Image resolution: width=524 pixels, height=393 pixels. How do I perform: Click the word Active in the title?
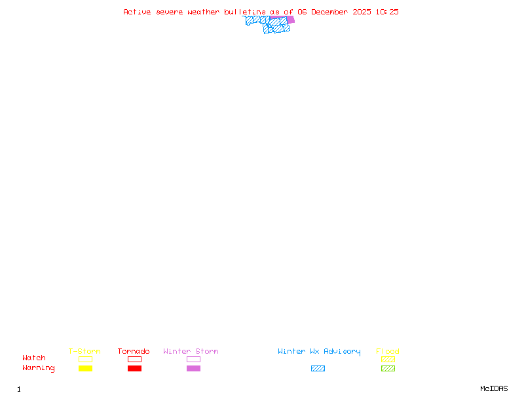coord(138,12)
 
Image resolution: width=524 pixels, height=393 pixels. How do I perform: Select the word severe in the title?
coord(170,12)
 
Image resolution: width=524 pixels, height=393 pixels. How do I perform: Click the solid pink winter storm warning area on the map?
coord(291,20)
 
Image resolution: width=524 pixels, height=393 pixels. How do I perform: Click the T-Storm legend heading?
coord(84,352)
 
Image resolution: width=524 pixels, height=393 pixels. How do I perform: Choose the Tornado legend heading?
coord(134,352)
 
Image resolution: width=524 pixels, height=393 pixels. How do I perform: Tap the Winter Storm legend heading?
coord(191,352)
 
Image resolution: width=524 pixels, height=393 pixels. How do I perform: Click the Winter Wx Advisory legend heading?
coord(319,352)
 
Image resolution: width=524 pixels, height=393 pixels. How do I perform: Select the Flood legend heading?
coord(388,352)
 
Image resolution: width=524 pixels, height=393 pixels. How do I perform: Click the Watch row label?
coord(34,358)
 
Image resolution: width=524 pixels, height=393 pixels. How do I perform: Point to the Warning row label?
coord(39,368)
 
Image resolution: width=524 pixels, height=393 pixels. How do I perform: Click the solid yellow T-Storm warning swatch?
coord(85,369)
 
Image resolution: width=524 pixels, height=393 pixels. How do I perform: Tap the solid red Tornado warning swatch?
coord(134,369)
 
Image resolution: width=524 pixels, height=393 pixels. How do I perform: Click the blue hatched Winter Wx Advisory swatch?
coord(318,369)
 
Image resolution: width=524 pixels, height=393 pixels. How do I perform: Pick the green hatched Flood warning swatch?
coord(388,369)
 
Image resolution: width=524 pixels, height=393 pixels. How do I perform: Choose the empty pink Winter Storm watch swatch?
coord(193,359)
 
